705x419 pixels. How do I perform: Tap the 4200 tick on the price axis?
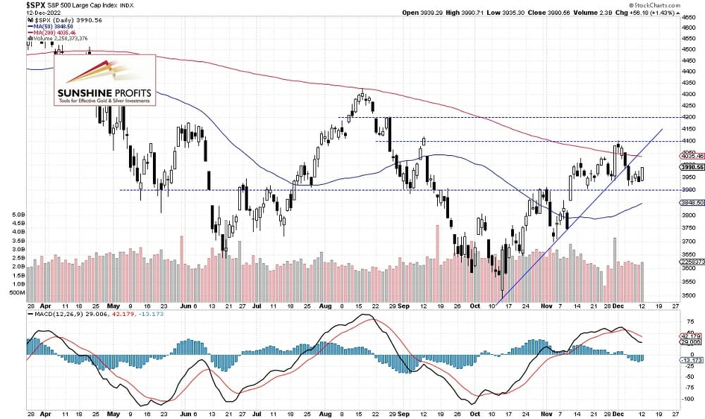click(x=688, y=117)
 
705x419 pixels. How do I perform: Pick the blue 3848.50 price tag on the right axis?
click(x=689, y=202)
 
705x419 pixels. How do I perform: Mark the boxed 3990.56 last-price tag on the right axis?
click(x=689, y=166)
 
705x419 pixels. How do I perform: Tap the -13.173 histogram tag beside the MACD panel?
click(x=689, y=358)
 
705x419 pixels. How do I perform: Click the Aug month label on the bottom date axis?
click(x=325, y=307)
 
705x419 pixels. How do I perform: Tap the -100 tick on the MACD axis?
click(x=686, y=399)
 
